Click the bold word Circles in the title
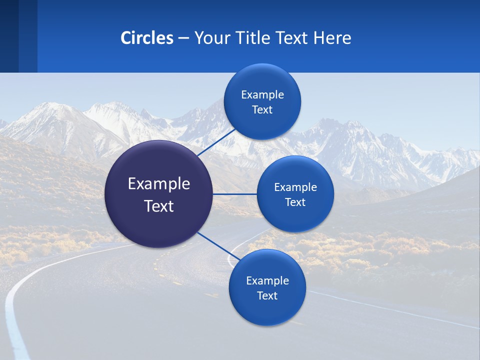(146, 38)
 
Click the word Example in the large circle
(159, 184)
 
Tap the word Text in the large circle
(159, 206)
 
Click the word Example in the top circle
(262, 95)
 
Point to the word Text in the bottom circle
(267, 295)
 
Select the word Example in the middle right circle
(295, 187)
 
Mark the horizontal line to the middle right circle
(235, 194)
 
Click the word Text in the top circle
(262, 110)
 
